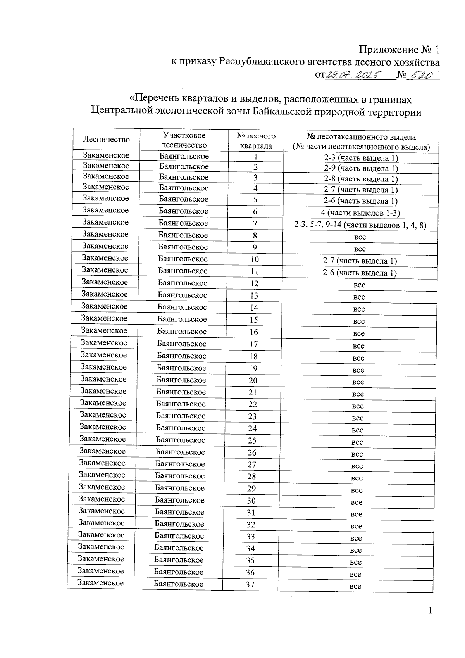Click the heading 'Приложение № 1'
point(400,50)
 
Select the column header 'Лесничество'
point(106,140)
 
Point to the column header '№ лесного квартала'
point(256,141)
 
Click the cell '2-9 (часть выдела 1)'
point(361,168)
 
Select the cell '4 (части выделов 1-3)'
point(361,212)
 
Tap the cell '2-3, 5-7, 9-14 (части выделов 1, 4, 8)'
point(361,225)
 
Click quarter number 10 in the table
point(255,259)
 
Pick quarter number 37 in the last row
point(250,584)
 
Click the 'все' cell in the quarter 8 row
point(360,237)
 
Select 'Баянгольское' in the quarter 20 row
point(181,380)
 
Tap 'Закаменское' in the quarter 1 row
point(106,155)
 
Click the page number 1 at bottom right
point(430,611)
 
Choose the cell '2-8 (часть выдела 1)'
point(361,179)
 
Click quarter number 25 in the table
point(252,440)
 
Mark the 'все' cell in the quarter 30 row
point(356,502)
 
